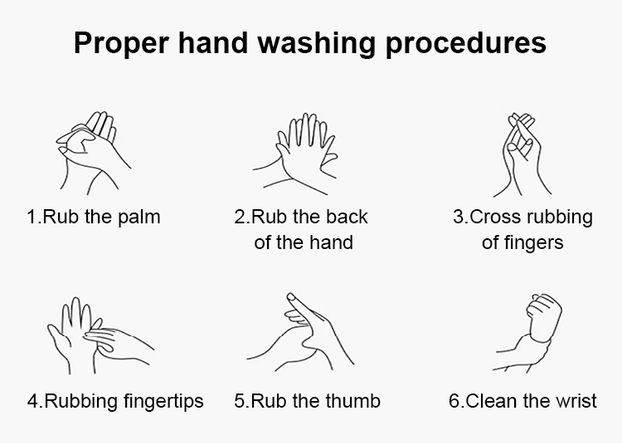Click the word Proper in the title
(x=121, y=43)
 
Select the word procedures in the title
(x=466, y=43)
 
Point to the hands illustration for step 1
(x=94, y=153)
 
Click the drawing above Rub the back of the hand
(x=295, y=154)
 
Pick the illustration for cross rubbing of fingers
(x=522, y=154)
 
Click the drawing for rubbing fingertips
(x=100, y=336)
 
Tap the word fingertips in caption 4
(x=163, y=401)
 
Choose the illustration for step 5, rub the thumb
(x=300, y=332)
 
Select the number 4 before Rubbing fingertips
(x=33, y=401)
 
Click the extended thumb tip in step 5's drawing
(x=291, y=296)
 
